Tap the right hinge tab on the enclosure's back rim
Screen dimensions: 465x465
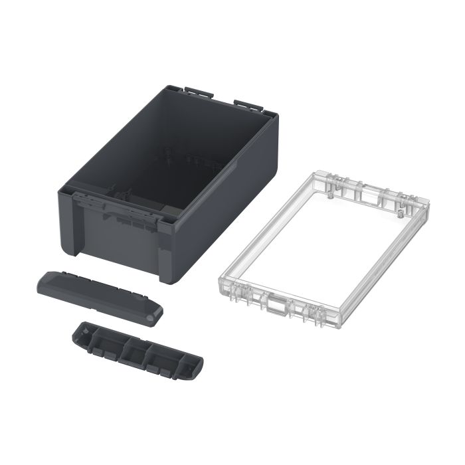coord(246,106)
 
